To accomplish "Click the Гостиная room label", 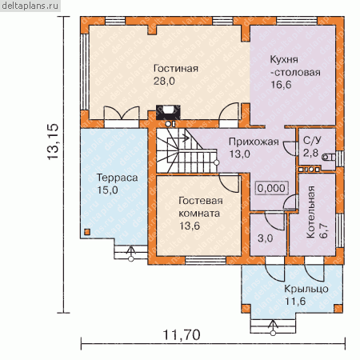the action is click(176, 69).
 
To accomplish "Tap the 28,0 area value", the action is click(164, 81).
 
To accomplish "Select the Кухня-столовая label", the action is click(295, 66).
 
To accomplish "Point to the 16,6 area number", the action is click(281, 85).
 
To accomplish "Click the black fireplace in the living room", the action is click(168, 112).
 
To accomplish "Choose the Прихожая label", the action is click(254, 142).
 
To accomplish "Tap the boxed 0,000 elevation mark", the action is click(271, 188).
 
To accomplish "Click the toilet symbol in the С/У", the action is click(328, 158).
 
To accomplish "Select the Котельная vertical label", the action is click(311, 212).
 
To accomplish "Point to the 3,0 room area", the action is click(266, 238).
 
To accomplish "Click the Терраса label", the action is click(117, 178).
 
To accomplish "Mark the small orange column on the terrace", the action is click(87, 232).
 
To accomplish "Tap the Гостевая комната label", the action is click(200, 207).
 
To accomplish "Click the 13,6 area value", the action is click(190, 226).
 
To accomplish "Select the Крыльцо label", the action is click(306, 289).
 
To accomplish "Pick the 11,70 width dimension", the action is click(182, 335).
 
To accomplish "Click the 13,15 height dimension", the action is click(53, 142).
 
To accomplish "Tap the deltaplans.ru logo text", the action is click(30, 6).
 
